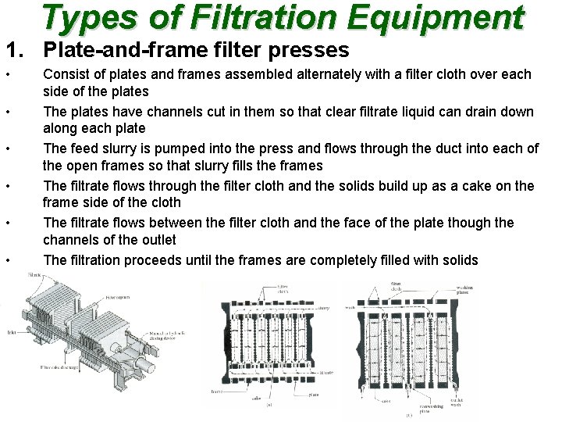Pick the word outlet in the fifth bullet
(155, 239)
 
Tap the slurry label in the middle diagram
(323, 308)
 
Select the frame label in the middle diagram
(215, 389)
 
